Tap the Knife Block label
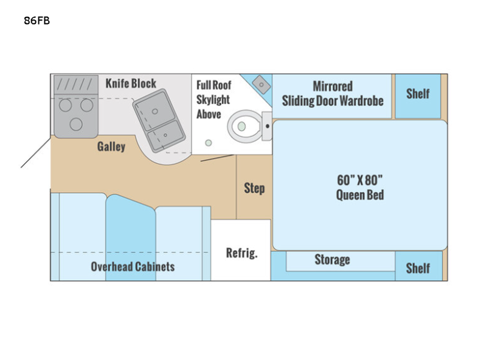[x=131, y=83]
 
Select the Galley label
[x=111, y=146]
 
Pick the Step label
[x=254, y=188]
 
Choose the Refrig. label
[x=241, y=253]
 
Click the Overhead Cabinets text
[x=133, y=266]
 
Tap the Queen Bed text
[x=360, y=195]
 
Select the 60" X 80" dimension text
[x=360, y=179]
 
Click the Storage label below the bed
[x=332, y=259]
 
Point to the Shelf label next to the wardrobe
[x=418, y=93]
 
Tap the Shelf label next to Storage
[x=418, y=267]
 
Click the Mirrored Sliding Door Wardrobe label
[x=332, y=93]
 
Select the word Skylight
[x=213, y=100]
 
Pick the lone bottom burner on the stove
[x=76, y=124]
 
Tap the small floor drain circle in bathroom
[x=208, y=143]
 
